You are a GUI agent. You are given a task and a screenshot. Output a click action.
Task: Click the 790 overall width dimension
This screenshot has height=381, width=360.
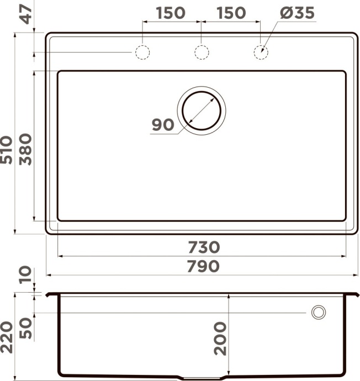click(x=202, y=267)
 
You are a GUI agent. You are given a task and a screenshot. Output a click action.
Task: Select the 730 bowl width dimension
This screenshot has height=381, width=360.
click(x=202, y=247)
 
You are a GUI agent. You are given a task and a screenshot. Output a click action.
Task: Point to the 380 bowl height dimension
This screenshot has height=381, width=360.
click(x=25, y=150)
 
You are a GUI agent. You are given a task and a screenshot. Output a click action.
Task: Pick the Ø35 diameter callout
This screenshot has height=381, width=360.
click(x=296, y=13)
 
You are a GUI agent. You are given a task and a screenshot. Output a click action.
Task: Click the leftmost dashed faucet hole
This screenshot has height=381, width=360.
click(x=142, y=52)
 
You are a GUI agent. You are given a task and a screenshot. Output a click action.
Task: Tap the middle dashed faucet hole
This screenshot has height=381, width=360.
click(x=202, y=52)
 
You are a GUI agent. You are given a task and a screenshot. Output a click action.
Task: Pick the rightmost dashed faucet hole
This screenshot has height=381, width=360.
click(x=261, y=52)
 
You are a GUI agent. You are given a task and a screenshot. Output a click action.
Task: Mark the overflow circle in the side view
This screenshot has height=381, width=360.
click(x=319, y=312)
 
